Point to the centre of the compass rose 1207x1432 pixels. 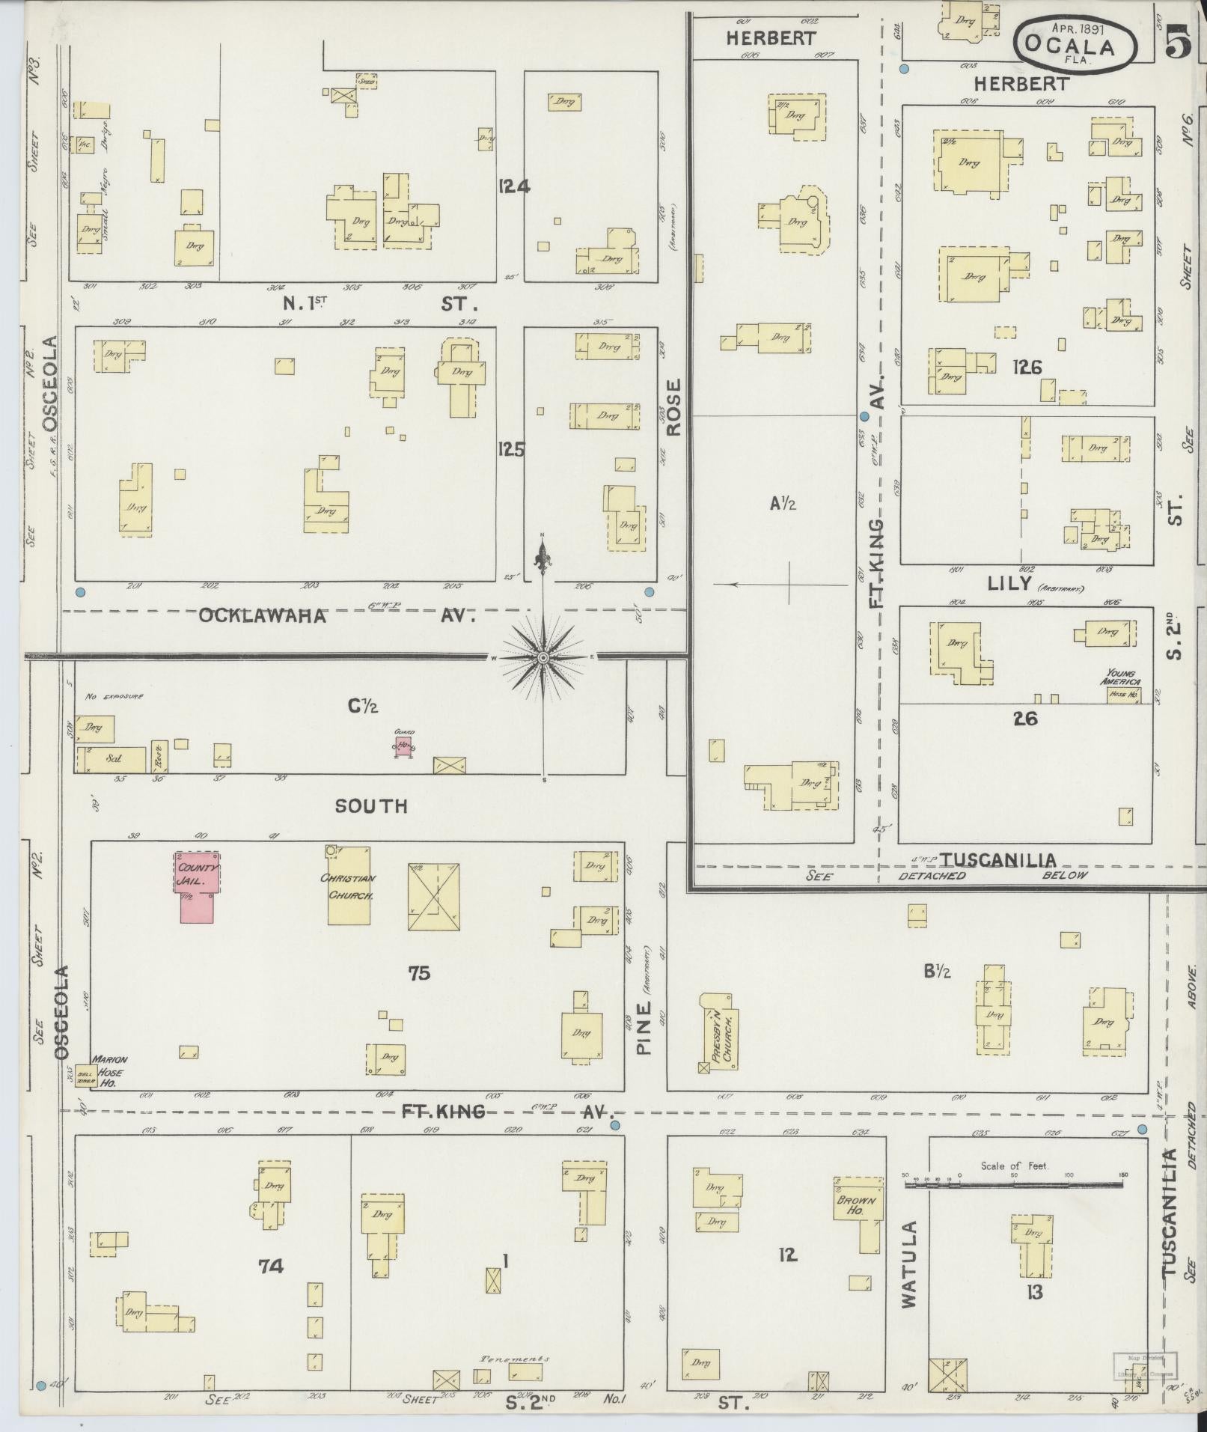(x=544, y=658)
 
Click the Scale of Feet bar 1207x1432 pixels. (x=1015, y=1185)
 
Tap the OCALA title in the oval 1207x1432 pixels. (x=1074, y=46)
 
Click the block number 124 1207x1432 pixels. (x=514, y=186)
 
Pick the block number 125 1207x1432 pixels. (x=512, y=449)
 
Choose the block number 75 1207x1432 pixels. (x=419, y=973)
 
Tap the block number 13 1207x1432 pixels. (x=1034, y=1292)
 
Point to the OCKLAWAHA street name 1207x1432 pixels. (x=263, y=615)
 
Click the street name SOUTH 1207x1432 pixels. (x=371, y=806)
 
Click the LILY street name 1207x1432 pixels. (x=1010, y=585)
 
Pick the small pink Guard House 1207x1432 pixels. (x=404, y=746)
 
